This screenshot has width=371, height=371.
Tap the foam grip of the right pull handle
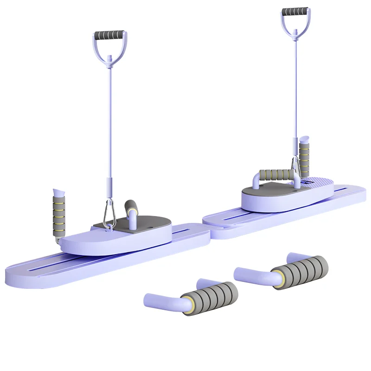click(x=296, y=11)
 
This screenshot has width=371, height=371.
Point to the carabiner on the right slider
click(x=295, y=168)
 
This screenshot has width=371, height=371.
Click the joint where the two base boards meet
click(x=209, y=231)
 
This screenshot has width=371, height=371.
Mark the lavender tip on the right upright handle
click(x=305, y=139)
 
